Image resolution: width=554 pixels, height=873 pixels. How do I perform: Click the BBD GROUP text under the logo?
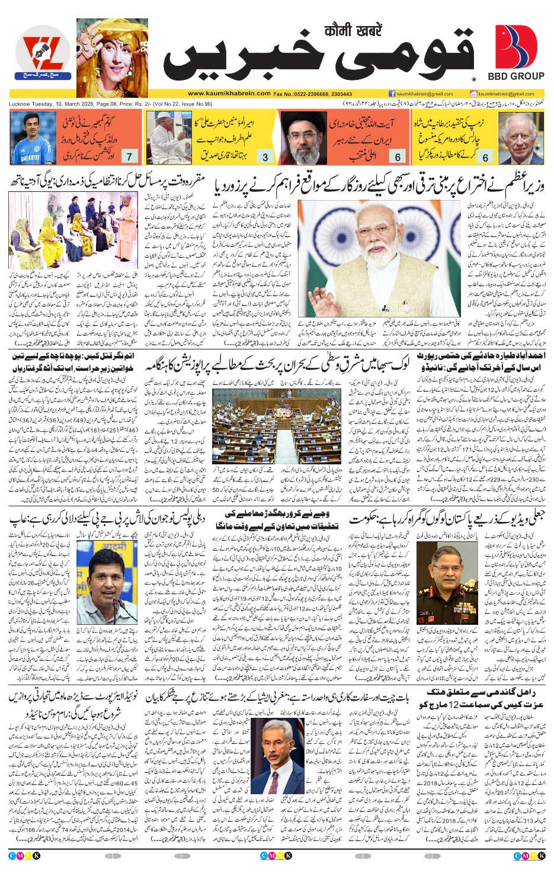click(515, 76)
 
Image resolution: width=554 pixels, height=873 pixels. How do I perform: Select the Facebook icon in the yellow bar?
click(392, 94)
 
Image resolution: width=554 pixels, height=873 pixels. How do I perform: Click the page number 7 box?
click(129, 156)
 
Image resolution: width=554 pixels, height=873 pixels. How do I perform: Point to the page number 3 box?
click(265, 157)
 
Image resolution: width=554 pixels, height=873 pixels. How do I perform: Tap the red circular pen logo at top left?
click(42, 55)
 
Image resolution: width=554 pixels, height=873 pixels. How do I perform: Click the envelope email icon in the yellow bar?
click(473, 94)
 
